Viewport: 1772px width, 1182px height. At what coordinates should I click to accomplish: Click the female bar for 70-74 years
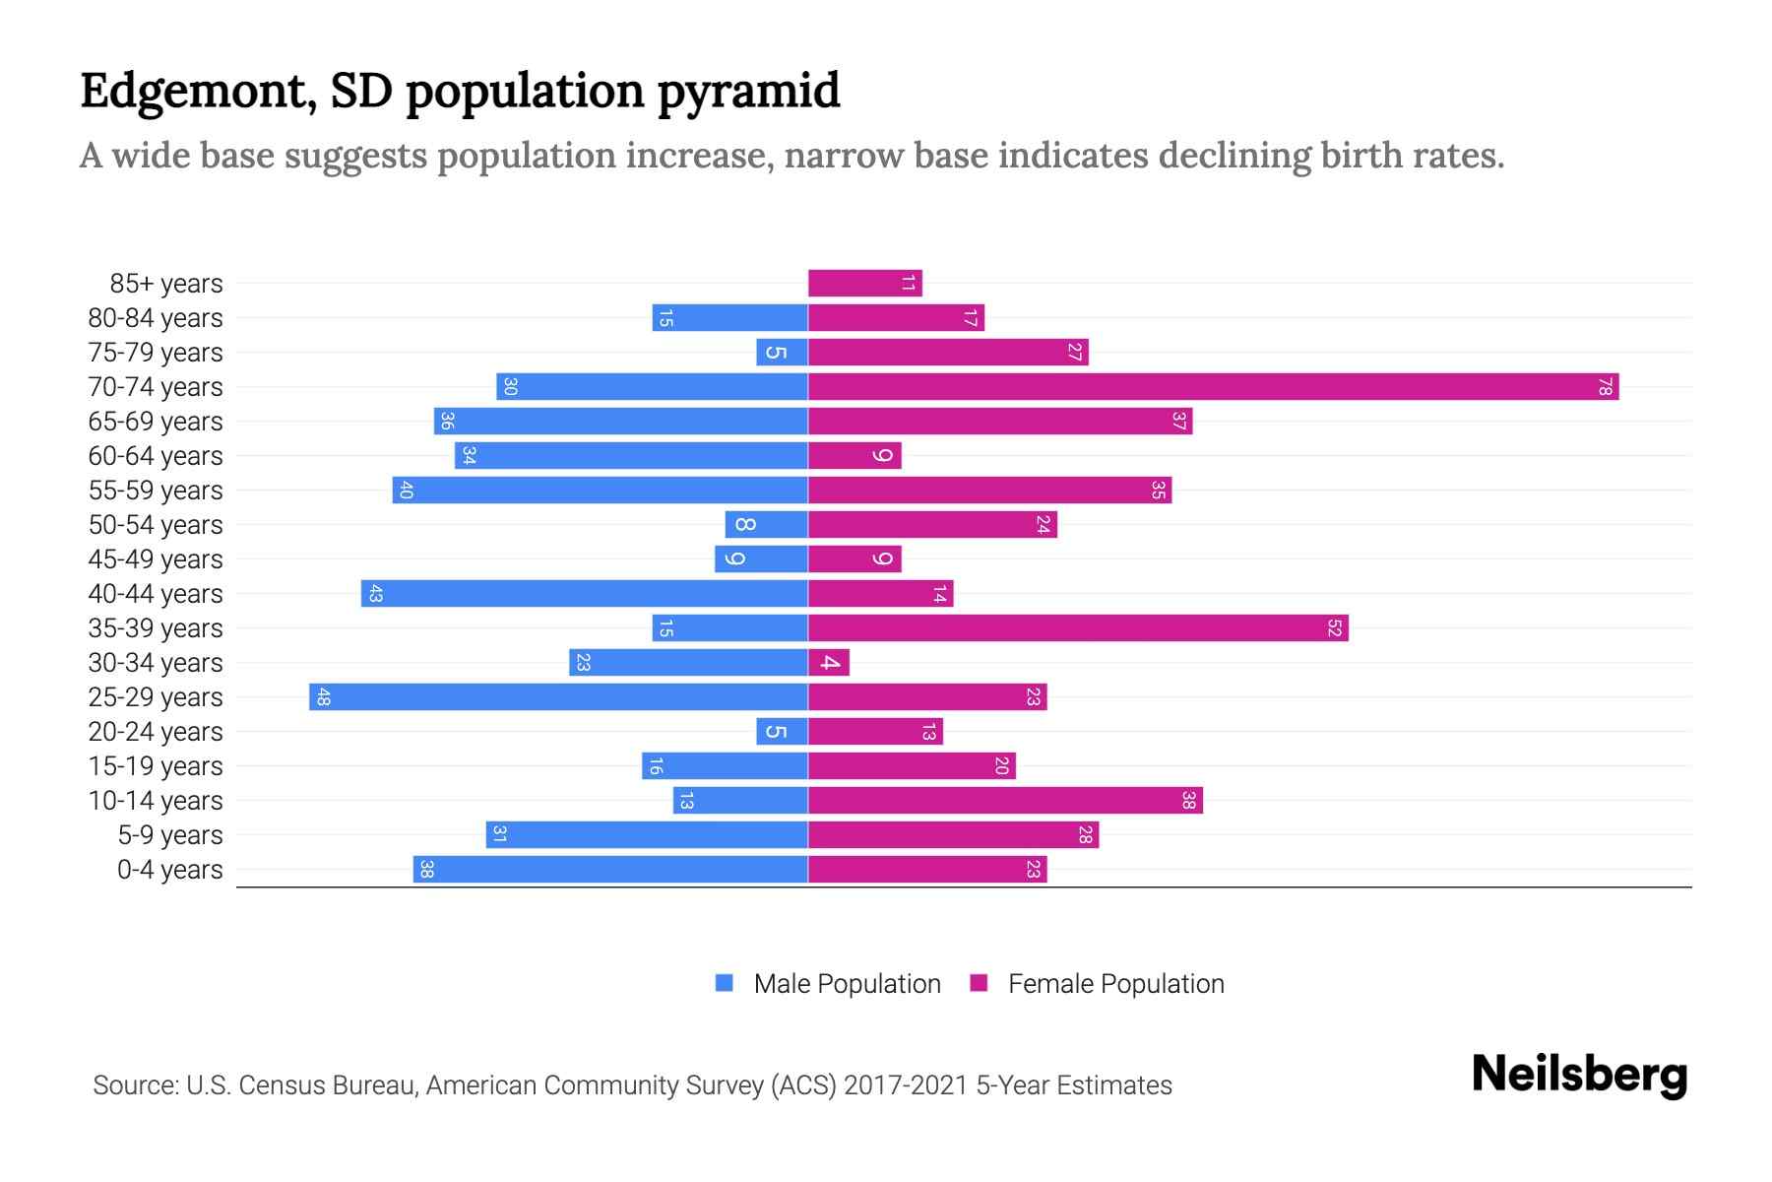tap(1213, 386)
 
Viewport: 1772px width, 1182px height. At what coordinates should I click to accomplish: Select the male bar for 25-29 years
tap(558, 696)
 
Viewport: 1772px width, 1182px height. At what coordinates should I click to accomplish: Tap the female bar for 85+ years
tap(864, 283)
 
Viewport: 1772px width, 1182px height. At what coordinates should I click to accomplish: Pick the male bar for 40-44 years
tap(584, 593)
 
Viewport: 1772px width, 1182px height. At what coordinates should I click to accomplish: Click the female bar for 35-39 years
tap(1078, 627)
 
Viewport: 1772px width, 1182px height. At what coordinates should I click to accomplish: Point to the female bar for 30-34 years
tap(828, 662)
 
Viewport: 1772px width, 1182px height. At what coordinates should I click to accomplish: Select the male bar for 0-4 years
tap(610, 869)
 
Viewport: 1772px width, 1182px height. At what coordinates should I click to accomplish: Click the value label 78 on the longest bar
tap(1604, 387)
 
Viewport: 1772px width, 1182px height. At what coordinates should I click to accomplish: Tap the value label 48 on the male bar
tap(323, 697)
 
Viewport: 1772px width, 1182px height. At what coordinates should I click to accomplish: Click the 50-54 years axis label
tap(156, 525)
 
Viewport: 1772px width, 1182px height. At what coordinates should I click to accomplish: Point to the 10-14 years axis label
tap(156, 801)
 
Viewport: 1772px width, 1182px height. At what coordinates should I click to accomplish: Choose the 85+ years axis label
tap(166, 284)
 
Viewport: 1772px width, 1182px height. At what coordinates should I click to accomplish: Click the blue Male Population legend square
tap(725, 983)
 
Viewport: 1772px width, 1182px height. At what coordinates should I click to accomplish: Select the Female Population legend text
tap(1115, 984)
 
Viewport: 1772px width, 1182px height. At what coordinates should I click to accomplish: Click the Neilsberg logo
tap(1579, 1074)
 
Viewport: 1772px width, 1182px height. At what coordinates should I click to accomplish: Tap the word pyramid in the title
tap(748, 92)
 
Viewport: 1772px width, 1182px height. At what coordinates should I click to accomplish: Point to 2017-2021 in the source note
tap(906, 1085)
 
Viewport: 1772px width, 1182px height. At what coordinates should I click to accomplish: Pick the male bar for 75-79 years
tap(782, 352)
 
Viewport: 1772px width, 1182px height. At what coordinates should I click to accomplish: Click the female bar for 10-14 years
tap(1005, 800)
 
